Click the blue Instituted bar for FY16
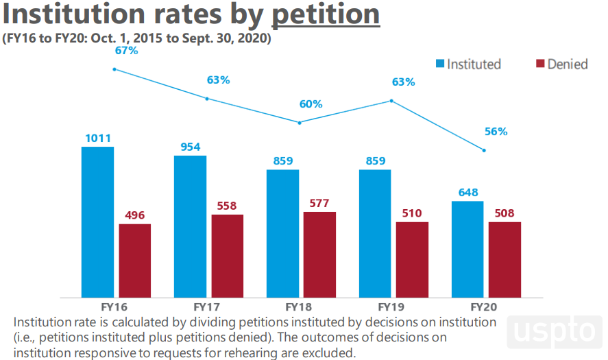click(x=97, y=222)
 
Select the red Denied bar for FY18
click(x=319, y=254)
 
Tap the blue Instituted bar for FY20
click(x=467, y=250)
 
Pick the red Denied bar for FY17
click(x=228, y=256)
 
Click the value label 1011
click(x=98, y=139)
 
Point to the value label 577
click(x=319, y=203)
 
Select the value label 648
click(x=468, y=193)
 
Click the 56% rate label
click(x=496, y=132)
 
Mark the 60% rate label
click(x=311, y=104)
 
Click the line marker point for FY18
click(x=300, y=123)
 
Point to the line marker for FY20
click(x=485, y=150)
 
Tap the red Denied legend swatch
click(x=540, y=64)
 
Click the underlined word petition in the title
click(x=326, y=14)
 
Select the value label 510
click(x=412, y=213)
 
